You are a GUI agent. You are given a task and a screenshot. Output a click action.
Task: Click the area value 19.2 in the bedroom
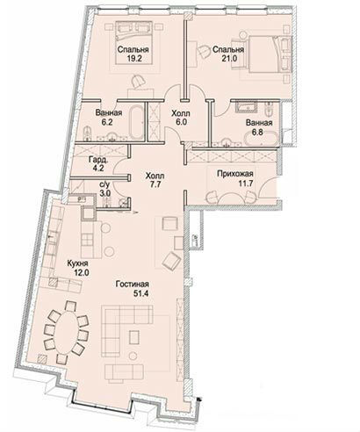click(x=134, y=58)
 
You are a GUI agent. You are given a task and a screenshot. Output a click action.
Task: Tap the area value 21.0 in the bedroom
click(x=229, y=58)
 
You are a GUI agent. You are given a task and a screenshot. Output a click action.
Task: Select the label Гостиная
click(x=133, y=284)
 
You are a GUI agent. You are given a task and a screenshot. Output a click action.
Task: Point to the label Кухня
click(x=77, y=263)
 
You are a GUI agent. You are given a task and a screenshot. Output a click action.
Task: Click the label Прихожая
click(x=235, y=174)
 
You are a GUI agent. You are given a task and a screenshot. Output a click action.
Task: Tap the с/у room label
click(x=104, y=184)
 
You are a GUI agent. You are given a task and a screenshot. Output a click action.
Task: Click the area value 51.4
click(x=141, y=293)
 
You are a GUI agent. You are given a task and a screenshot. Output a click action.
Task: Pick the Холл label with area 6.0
click(x=181, y=113)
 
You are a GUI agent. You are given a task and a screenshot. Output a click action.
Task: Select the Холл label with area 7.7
click(x=155, y=176)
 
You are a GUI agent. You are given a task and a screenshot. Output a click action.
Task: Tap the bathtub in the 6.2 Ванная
click(x=136, y=123)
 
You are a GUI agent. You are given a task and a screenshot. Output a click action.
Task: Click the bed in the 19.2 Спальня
click(x=134, y=43)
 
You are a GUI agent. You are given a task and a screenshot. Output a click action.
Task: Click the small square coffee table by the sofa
click(x=134, y=336)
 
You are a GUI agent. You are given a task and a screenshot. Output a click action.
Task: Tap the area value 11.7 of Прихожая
click(x=245, y=184)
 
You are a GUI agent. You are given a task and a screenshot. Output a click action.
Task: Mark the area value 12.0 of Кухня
click(x=82, y=272)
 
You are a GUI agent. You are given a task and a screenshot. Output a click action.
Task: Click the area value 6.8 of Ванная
click(x=257, y=132)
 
